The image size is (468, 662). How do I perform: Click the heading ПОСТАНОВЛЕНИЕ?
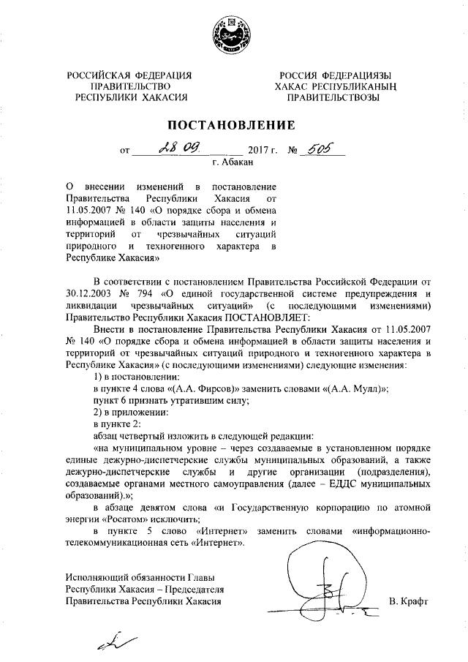[233, 124]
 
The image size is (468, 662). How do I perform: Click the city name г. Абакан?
[233, 164]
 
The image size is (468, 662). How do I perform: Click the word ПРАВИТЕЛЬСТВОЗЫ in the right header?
[333, 97]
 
